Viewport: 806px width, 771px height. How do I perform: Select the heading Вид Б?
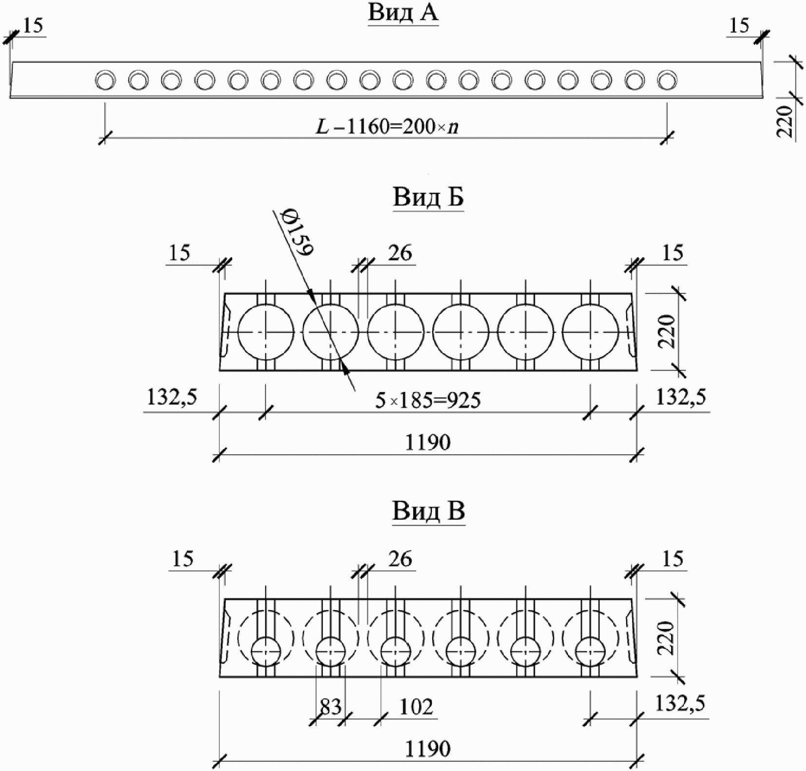[x=428, y=197]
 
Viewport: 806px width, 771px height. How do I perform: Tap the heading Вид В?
[x=428, y=512]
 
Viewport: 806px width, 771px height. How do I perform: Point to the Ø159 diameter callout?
[x=299, y=231]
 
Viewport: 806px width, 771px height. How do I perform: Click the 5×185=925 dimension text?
[x=427, y=400]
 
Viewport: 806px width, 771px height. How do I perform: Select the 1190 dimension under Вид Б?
[x=428, y=443]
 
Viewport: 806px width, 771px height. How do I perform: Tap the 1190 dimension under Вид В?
[x=428, y=749]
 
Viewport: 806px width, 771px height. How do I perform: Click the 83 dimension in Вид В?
[x=330, y=707]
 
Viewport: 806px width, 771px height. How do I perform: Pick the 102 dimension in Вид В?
[x=416, y=707]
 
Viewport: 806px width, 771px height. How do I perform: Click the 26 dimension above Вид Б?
[x=400, y=253]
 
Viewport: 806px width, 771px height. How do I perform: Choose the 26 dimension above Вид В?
[x=400, y=559]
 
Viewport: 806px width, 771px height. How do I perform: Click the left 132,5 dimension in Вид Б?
[x=172, y=398]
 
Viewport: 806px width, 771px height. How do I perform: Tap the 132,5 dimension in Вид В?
[x=680, y=703]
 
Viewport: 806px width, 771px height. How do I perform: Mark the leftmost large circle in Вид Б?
[x=266, y=332]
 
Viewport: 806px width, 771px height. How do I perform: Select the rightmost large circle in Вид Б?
[x=590, y=332]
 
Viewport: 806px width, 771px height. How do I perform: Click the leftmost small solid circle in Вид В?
[x=266, y=652]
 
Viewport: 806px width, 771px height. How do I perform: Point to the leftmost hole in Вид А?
[x=105, y=80]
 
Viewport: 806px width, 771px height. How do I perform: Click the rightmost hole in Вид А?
[x=667, y=80]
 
